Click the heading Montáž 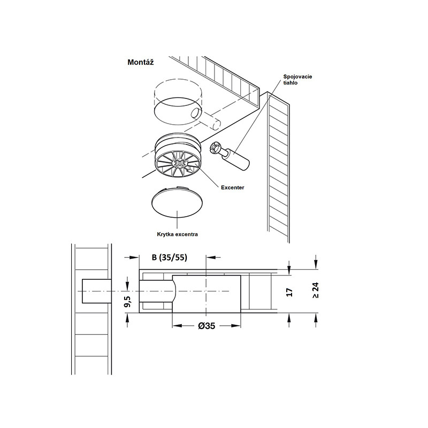141,62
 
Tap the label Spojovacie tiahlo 297,79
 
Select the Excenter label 233,188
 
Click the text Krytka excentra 178,234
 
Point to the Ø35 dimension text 207,326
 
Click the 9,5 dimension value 127,301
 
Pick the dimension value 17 289,292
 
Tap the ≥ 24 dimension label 316,291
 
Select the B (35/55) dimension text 170,257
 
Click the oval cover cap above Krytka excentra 178,202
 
